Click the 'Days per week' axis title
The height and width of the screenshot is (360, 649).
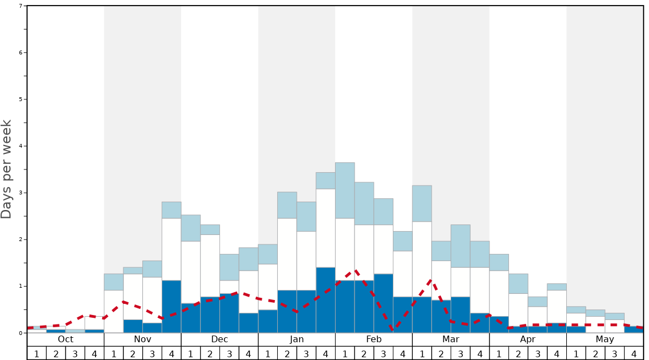(7, 169)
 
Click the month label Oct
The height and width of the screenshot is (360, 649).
(66, 339)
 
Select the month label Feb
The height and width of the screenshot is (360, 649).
(374, 339)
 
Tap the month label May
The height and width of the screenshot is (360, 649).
(605, 339)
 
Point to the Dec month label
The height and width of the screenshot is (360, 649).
(219, 339)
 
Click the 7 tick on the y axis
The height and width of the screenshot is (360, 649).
(21, 6)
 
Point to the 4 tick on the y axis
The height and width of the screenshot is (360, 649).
(21, 146)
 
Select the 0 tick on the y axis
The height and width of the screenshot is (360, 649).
(21, 333)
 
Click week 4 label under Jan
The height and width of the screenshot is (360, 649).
(326, 353)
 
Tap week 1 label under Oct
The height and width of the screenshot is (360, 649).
(37, 353)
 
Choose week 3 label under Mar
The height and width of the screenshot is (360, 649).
(461, 353)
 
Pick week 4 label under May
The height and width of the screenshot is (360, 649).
(634, 353)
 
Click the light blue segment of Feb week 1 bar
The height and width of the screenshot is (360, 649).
(345, 190)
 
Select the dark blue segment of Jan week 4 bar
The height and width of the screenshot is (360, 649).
(326, 300)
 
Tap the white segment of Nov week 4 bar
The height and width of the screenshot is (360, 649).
(172, 249)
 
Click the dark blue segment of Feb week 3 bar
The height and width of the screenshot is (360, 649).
(383, 303)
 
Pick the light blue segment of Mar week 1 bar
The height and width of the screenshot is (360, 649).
(422, 203)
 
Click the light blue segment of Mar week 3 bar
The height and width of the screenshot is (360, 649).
(461, 246)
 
